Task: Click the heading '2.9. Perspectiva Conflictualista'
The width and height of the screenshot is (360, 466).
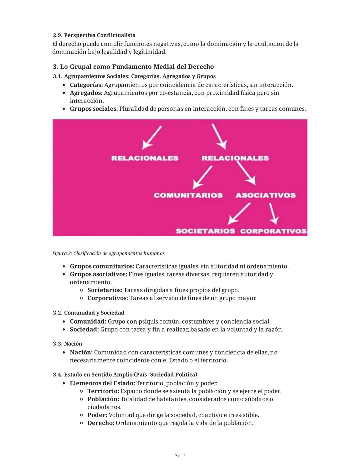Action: point(94,35)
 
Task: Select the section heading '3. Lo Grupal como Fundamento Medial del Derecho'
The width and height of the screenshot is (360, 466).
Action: point(133,67)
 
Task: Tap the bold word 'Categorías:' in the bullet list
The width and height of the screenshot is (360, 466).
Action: point(86,85)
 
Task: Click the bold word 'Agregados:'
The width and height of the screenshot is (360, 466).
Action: point(86,93)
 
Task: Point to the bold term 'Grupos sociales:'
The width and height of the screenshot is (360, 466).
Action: point(94,109)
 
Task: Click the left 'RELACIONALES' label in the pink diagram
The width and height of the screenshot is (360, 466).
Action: point(145,158)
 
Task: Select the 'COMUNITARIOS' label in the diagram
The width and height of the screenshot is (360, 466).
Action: point(188,195)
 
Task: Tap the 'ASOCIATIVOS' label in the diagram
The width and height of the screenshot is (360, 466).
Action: point(265,195)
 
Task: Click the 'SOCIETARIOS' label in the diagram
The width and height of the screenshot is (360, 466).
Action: point(205,231)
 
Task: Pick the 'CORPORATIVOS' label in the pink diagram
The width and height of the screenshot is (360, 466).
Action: point(273,231)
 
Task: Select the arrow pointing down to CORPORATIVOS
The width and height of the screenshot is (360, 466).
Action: point(273,213)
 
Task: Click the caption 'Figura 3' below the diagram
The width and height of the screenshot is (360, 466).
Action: point(108,254)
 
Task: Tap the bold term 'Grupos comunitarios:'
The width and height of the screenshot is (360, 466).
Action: point(102,266)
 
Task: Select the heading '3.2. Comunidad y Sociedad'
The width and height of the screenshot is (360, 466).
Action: point(89,313)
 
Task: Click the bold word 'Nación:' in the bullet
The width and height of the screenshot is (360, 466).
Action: point(81,352)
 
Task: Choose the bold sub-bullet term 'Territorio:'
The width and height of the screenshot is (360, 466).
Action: point(103,391)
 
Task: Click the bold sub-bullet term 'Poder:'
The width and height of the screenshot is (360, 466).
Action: point(97,415)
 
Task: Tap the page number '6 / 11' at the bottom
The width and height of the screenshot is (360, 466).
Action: point(180,455)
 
